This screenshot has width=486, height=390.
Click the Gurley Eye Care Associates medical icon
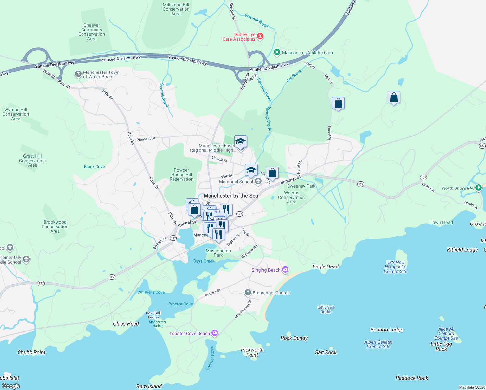click(260, 36)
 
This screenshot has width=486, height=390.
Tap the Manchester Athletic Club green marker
click(277, 52)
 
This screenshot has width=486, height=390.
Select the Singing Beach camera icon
click(285, 270)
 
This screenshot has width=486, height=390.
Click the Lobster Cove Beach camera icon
click(214, 333)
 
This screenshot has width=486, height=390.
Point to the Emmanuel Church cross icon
click(248, 292)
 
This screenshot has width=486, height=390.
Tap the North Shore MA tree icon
click(478, 188)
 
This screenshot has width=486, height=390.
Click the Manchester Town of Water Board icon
click(78, 74)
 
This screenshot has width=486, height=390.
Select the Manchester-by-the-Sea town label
click(231, 196)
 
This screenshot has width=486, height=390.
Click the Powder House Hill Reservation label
click(181, 175)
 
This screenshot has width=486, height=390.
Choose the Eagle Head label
click(326, 266)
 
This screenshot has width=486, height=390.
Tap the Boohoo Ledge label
click(387, 330)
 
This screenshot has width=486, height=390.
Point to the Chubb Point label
click(32, 352)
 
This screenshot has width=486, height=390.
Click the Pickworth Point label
click(252, 352)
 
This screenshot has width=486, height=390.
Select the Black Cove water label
click(94, 167)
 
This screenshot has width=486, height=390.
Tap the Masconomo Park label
click(218, 253)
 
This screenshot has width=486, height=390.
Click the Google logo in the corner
click(11, 386)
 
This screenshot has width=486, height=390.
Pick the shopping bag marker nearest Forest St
click(338, 103)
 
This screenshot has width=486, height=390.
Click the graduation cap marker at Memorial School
click(251, 170)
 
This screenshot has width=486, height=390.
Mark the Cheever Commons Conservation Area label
click(92, 32)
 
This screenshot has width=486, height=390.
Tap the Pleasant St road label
click(146, 139)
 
